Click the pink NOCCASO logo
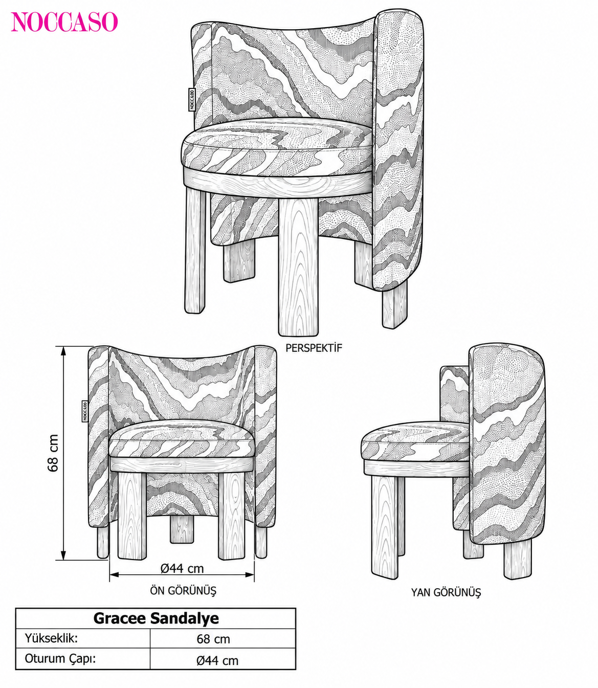tap(64, 22)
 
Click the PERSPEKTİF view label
tap(313, 348)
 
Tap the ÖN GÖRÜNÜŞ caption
tap(183, 591)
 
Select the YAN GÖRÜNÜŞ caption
tap(446, 592)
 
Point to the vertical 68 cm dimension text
tap(53, 453)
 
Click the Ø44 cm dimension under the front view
tap(182, 569)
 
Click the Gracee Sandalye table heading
tap(156, 618)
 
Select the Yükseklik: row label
tap(51, 638)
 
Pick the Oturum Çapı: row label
tap(60, 658)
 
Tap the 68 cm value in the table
tap(213, 639)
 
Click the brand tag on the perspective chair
tap(191, 99)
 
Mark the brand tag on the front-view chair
tap(85, 411)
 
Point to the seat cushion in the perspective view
tap(277, 146)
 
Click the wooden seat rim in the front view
tap(181, 464)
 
